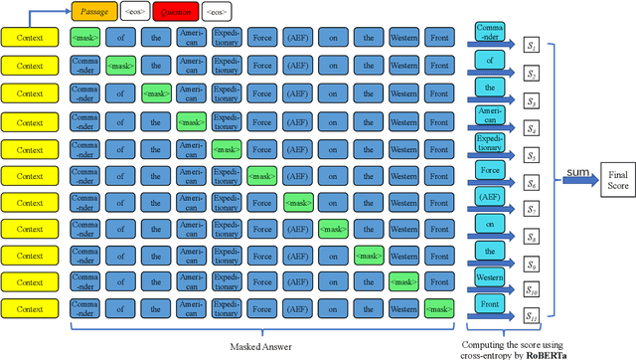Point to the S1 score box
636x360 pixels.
click(534, 47)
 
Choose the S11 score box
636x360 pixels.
click(534, 316)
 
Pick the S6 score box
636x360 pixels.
click(534, 182)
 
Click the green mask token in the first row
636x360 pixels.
click(84, 39)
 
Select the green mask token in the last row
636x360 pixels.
click(439, 307)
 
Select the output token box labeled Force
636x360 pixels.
click(490, 172)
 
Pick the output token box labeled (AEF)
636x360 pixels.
click(490, 199)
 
